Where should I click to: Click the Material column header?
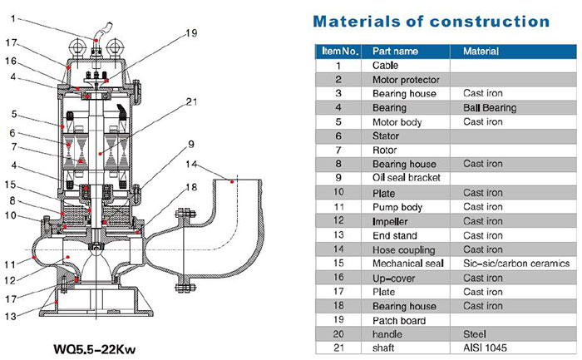pyautogui.click(x=481, y=52)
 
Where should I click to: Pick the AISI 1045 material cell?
pyautogui.click(x=484, y=348)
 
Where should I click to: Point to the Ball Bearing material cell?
pyautogui.click(x=490, y=108)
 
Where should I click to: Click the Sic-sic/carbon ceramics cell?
pyautogui.click(x=515, y=264)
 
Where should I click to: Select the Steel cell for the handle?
pyautogui.click(x=476, y=334)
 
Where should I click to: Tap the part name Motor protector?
pyautogui.click(x=404, y=80)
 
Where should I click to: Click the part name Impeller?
pyautogui.click(x=391, y=221)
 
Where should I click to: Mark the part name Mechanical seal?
pyautogui.click(x=407, y=264)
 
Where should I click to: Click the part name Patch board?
pyautogui.click(x=397, y=320)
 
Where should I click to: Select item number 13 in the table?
pyautogui.click(x=338, y=235)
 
